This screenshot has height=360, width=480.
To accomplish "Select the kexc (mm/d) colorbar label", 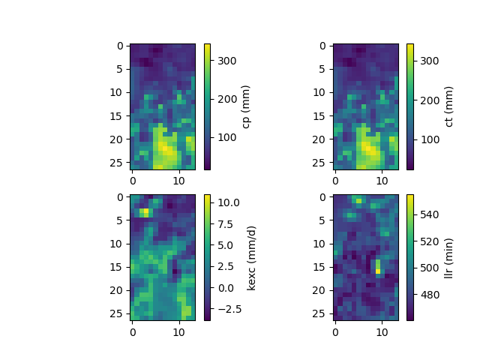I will (x=252, y=257).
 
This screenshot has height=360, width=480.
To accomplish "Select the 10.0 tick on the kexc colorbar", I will (x=228, y=202).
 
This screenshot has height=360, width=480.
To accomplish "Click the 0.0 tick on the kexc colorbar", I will (x=224, y=287).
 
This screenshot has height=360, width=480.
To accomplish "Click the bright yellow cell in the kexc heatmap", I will (x=143, y=212).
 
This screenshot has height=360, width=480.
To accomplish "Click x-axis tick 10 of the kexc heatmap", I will (x=178, y=331).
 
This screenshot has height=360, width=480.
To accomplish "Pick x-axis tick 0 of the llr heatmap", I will (x=334, y=331).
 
